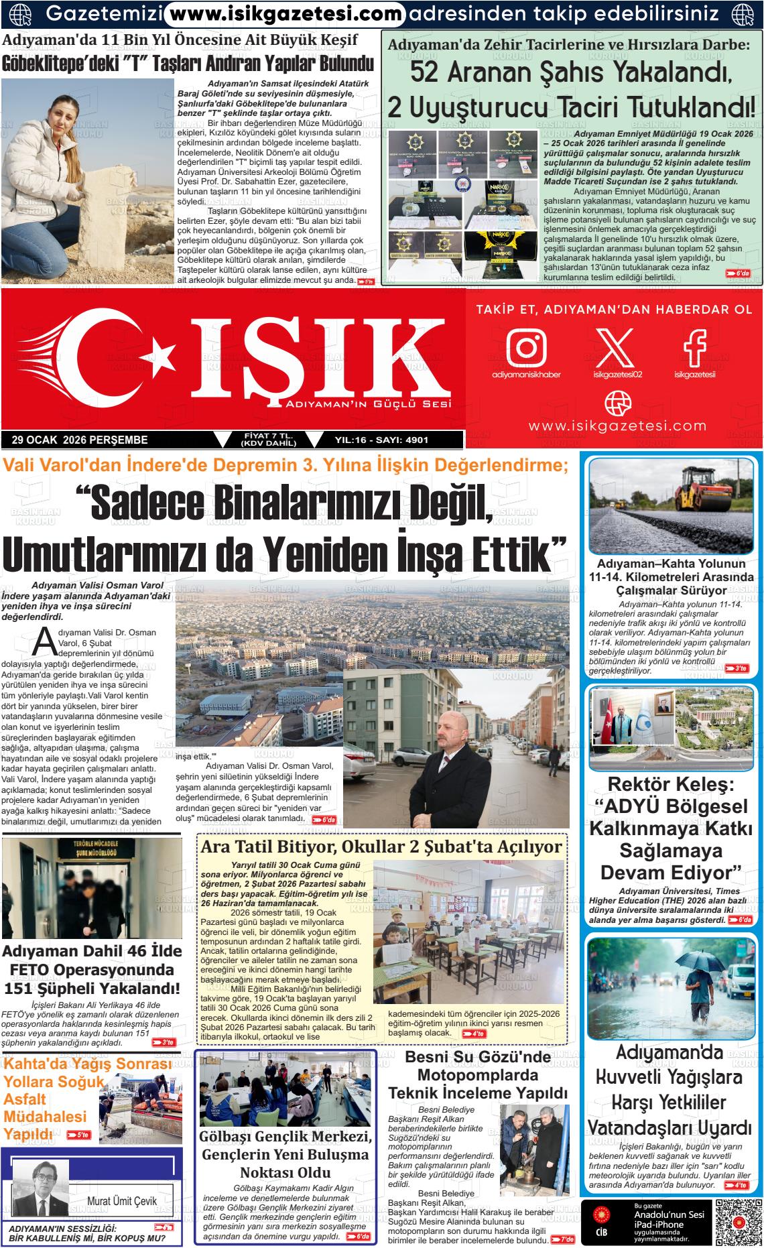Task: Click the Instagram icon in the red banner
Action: click(526, 347)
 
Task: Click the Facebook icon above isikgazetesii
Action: click(695, 347)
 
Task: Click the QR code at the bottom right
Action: click(738, 1220)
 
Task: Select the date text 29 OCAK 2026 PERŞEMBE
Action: click(80, 440)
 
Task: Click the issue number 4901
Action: click(417, 440)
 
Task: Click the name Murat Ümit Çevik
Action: click(122, 1201)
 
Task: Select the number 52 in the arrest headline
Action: click(427, 72)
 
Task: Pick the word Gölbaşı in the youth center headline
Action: click(229, 1136)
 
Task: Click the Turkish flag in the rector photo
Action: click(611, 729)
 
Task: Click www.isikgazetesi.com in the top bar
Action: click(285, 13)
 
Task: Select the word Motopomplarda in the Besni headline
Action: click(478, 1075)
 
